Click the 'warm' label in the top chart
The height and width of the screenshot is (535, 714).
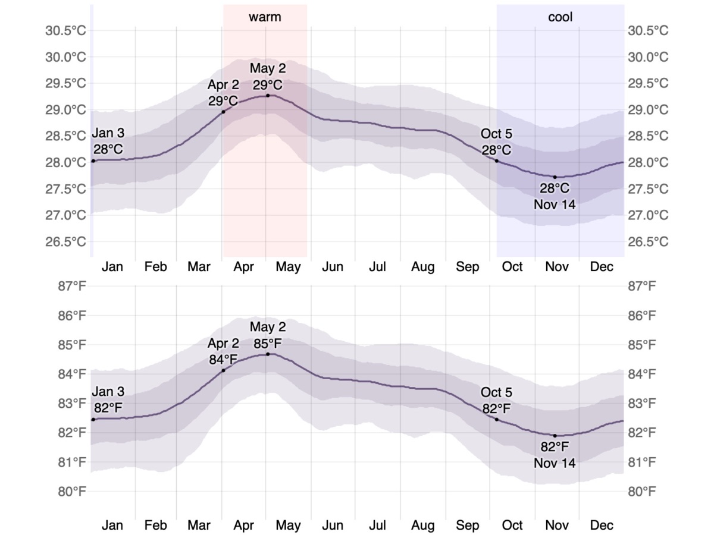tap(265, 17)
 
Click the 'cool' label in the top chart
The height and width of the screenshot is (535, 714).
tap(560, 17)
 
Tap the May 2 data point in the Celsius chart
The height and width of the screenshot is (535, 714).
tap(268, 96)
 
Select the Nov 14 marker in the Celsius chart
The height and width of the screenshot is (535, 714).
tap(555, 177)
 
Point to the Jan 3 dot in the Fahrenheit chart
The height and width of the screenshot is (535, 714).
tap(93, 419)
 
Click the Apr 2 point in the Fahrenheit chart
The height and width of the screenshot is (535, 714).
tap(224, 370)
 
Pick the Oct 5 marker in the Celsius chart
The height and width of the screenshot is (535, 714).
tap(497, 160)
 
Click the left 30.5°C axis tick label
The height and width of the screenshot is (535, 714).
tap(65, 30)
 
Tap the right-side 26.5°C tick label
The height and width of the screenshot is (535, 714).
tap(648, 241)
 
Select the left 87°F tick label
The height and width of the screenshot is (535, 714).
tap(72, 286)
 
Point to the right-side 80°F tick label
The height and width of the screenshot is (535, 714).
tap(642, 492)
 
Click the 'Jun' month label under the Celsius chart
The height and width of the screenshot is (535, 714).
tap(333, 267)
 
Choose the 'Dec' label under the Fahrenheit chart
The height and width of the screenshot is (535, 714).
tap(602, 525)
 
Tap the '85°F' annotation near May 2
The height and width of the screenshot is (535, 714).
tap(268, 344)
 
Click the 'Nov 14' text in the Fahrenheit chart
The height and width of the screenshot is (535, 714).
tap(555, 463)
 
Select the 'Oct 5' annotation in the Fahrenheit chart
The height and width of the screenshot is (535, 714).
tap(496, 392)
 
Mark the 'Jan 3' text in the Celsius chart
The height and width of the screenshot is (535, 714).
tap(108, 133)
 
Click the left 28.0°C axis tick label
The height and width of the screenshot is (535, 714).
tap(65, 162)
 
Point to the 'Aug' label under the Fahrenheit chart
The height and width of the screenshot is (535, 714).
tap(422, 525)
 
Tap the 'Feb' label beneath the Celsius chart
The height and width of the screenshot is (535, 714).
tap(155, 267)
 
